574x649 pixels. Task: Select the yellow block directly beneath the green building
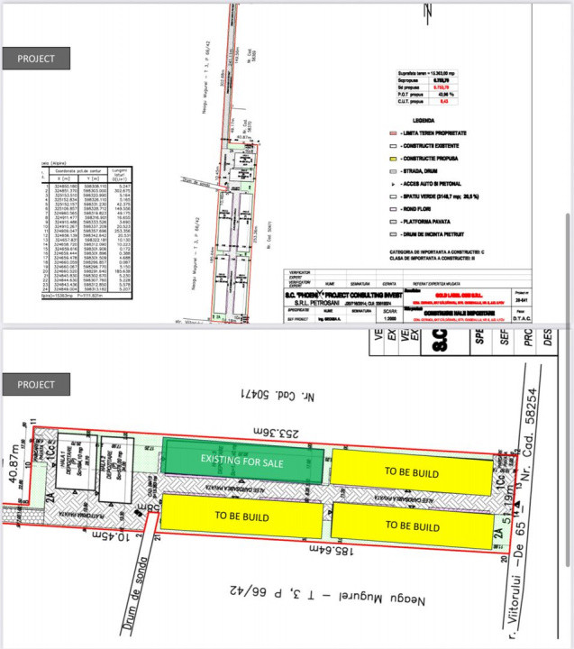click(x=243, y=516)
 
